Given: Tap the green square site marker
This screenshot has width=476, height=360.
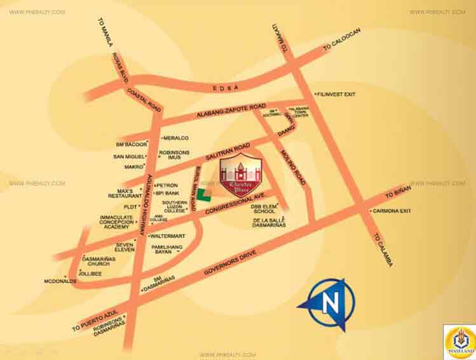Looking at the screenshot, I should (201, 195).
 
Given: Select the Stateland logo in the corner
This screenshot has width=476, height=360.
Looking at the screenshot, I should (459, 342).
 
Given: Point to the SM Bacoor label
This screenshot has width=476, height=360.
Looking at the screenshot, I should (130, 144).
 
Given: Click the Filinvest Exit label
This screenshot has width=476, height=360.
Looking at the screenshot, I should (336, 94).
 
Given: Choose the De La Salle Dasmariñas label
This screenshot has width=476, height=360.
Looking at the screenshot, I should (269, 222).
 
